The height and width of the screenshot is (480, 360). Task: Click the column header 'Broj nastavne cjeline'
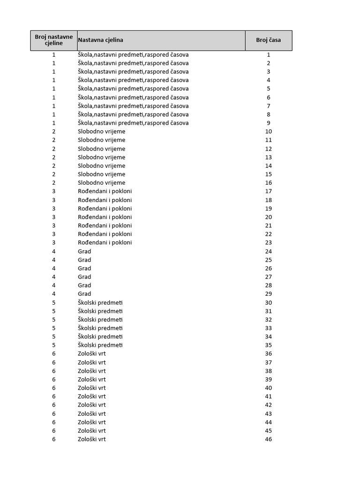pyautogui.click(x=54, y=40)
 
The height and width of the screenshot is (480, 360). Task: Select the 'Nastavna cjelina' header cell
pyautogui.click(x=100, y=40)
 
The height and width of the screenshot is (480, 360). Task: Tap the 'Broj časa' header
pyautogui.click(x=269, y=40)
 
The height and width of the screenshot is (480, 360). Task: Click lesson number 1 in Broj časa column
pyautogui.click(x=269, y=55)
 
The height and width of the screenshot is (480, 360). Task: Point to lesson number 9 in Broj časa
pyautogui.click(x=269, y=123)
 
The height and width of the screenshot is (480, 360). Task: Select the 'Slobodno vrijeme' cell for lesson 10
pyautogui.click(x=101, y=132)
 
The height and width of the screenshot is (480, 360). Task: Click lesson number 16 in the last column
pyautogui.click(x=269, y=183)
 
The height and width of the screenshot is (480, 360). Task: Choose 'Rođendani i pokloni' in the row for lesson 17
pyautogui.click(x=105, y=191)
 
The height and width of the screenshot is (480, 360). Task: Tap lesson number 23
pyautogui.click(x=269, y=243)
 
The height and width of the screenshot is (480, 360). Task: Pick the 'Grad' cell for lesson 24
pyautogui.click(x=84, y=251)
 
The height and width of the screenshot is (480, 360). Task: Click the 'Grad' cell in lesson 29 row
pyautogui.click(x=84, y=294)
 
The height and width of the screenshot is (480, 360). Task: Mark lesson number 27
pyautogui.click(x=269, y=277)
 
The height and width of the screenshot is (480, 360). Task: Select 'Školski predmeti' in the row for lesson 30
pyautogui.click(x=100, y=302)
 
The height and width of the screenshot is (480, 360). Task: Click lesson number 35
pyautogui.click(x=269, y=345)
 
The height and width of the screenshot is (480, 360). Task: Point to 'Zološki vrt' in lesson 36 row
pyautogui.click(x=92, y=354)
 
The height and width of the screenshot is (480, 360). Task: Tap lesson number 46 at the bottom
pyautogui.click(x=269, y=439)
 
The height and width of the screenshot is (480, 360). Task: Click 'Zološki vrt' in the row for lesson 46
pyautogui.click(x=92, y=439)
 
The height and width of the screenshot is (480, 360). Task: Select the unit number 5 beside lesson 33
pyautogui.click(x=54, y=328)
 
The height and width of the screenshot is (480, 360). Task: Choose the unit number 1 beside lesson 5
pyautogui.click(x=54, y=89)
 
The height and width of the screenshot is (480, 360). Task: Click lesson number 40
pyautogui.click(x=269, y=388)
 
